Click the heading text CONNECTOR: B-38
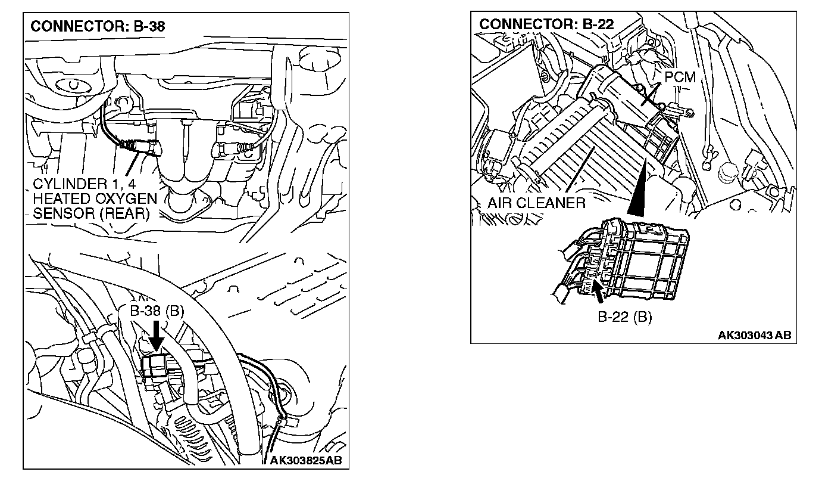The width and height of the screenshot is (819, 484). pyautogui.click(x=98, y=26)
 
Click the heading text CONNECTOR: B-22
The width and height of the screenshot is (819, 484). pyautogui.click(x=546, y=24)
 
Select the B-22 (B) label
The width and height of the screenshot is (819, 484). pyautogui.click(x=624, y=317)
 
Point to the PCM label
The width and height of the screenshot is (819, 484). pyautogui.click(x=680, y=77)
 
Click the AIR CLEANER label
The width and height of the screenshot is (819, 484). pyautogui.click(x=536, y=203)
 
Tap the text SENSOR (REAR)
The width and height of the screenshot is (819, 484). pyautogui.click(x=91, y=213)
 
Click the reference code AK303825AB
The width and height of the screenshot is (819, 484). pyautogui.click(x=306, y=461)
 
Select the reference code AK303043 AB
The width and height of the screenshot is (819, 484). pyautogui.click(x=754, y=335)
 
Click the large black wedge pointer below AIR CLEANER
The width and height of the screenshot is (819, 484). pyautogui.click(x=638, y=191)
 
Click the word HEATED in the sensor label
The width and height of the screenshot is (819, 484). pyautogui.click(x=60, y=198)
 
